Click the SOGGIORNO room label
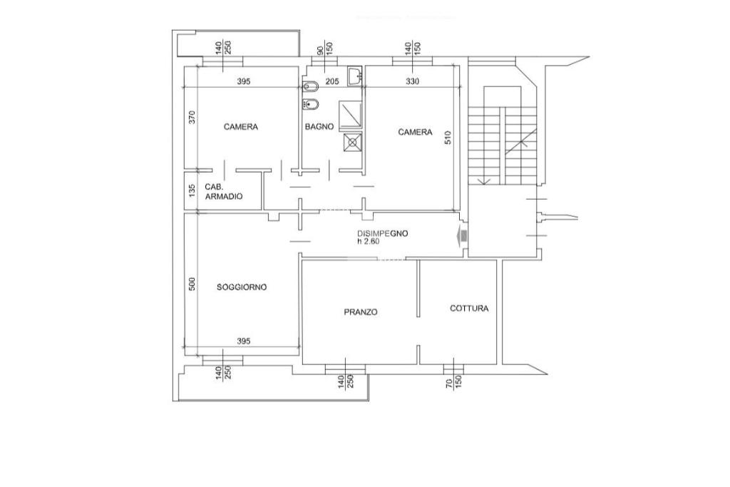coord(242,287)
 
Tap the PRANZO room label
coord(361,312)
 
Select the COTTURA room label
coord(469,309)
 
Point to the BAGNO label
coord(319,127)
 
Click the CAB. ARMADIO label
coord(223,192)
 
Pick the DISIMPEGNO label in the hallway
coord(383,234)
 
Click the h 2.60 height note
coord(369,242)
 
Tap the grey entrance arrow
coord(462,236)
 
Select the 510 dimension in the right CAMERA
coord(448,138)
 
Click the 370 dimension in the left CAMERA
coord(191,118)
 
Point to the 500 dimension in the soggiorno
coord(191,284)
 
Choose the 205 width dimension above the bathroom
coord(332,81)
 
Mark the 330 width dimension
coord(412,81)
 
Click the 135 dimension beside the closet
coord(191,191)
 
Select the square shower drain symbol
coord(351,142)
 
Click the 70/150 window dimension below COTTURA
coord(453,382)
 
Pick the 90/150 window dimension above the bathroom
coord(325,49)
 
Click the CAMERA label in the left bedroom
coord(241,127)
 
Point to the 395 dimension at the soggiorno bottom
coord(243,342)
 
